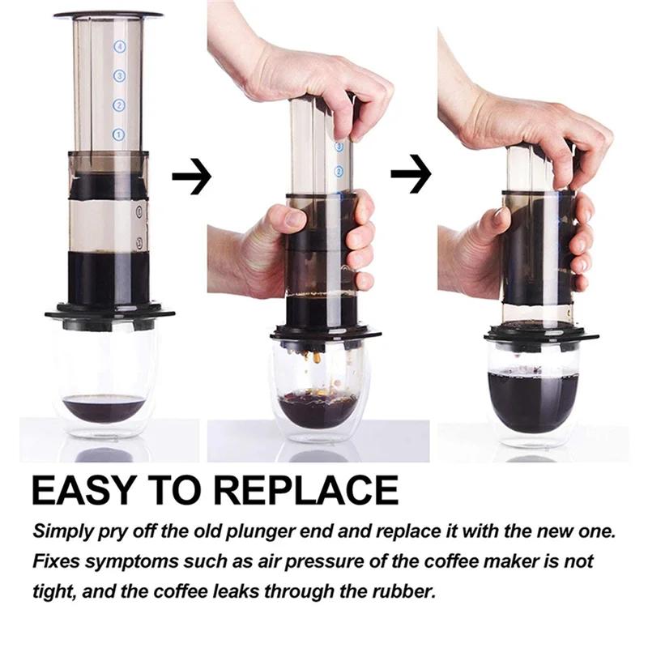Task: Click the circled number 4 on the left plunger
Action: pyautogui.click(x=119, y=47)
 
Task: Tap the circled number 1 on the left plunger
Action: pyautogui.click(x=118, y=134)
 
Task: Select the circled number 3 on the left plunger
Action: pyautogui.click(x=119, y=76)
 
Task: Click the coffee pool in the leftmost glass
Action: pyautogui.click(x=104, y=407)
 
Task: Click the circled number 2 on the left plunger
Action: pyautogui.click(x=118, y=105)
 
